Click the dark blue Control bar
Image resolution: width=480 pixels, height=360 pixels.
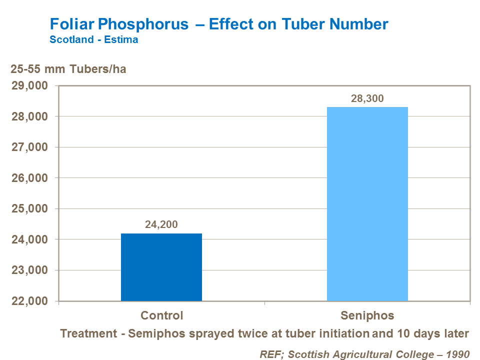click(161, 267)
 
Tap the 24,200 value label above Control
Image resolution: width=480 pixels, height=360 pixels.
click(161, 225)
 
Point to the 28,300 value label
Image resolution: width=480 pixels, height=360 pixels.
click(367, 98)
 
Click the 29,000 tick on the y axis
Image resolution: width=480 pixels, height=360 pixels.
click(29, 86)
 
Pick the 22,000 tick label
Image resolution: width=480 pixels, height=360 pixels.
click(29, 301)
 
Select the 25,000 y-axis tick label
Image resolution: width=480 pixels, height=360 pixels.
click(29, 209)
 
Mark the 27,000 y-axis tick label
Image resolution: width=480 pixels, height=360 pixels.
click(29, 147)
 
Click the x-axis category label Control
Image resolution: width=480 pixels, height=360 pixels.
click(161, 315)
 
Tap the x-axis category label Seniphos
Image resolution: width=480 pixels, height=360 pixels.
click(367, 315)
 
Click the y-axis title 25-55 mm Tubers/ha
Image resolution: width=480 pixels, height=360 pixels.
click(68, 69)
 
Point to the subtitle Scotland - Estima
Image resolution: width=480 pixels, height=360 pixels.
click(93, 39)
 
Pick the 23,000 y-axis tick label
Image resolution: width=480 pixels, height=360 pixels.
click(29, 270)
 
